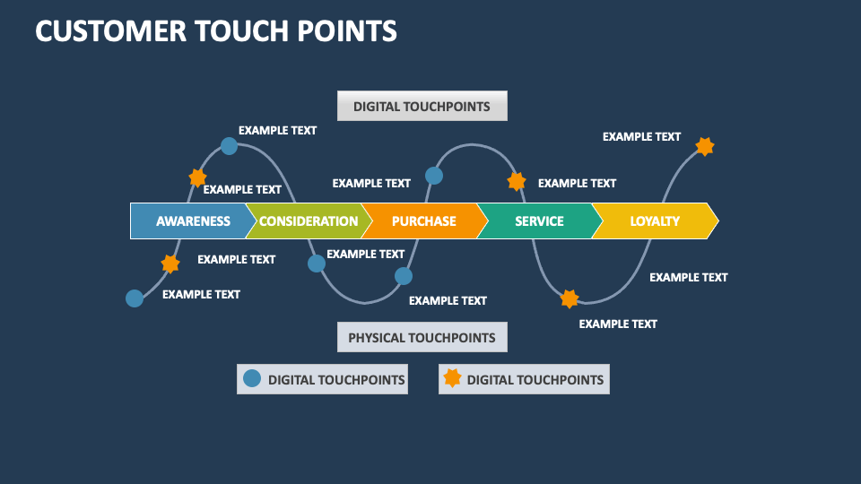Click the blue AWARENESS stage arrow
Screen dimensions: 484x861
(x=191, y=221)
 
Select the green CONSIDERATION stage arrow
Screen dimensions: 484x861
(x=308, y=221)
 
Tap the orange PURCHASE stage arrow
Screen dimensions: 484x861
(x=423, y=221)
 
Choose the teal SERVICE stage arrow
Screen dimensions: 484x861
(x=538, y=221)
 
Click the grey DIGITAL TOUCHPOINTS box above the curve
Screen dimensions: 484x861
(x=422, y=106)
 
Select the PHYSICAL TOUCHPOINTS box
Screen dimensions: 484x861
(x=422, y=338)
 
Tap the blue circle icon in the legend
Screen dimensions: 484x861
(x=252, y=378)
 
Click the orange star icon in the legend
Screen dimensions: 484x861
(x=452, y=378)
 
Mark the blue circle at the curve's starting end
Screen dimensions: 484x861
(x=135, y=298)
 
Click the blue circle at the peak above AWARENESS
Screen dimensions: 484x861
(x=229, y=146)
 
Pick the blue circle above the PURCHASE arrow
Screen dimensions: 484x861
(x=433, y=176)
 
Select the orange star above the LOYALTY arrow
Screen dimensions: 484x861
(x=705, y=146)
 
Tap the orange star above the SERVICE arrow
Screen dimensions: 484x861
(x=517, y=182)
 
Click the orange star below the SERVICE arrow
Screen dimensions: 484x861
(x=570, y=298)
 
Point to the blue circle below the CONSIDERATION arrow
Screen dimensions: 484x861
(x=317, y=264)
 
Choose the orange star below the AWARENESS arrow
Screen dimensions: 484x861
(x=170, y=264)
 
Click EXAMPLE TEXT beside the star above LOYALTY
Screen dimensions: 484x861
(x=641, y=137)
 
